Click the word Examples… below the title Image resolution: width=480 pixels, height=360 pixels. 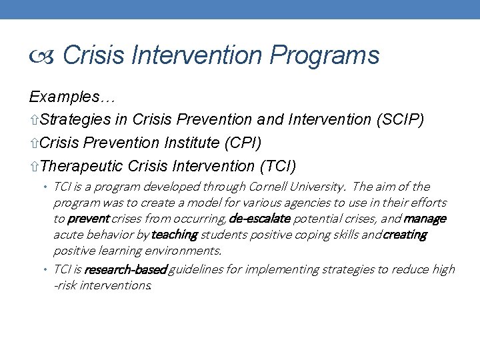[x=73, y=97]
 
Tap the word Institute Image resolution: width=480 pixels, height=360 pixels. [x=190, y=143]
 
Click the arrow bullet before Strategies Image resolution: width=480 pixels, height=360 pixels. [x=34, y=121]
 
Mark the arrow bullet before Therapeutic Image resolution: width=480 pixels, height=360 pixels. [x=34, y=166]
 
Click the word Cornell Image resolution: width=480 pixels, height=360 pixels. [x=267, y=187]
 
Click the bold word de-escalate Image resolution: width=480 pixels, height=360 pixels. [x=260, y=219]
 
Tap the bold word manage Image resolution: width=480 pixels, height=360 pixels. [x=425, y=219]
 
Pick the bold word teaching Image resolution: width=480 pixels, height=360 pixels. [x=174, y=235]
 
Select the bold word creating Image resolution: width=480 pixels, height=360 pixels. [x=404, y=235]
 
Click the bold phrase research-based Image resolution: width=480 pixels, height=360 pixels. [x=125, y=269]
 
